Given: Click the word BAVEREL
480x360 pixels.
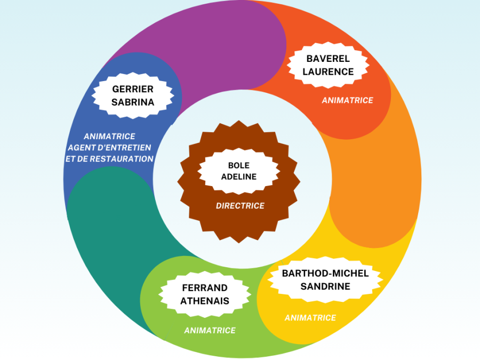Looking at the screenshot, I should click(328, 59).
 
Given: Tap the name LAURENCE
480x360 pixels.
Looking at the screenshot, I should click(328, 71).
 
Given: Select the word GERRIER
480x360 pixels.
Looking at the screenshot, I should click(133, 89).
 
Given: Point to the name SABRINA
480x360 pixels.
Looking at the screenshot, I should click(133, 102).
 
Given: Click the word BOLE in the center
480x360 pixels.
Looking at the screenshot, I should click(238, 165).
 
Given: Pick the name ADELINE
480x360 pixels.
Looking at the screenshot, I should click(238, 177).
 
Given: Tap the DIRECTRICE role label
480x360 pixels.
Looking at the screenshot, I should click(240, 205).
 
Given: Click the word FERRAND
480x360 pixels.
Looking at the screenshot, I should click(205, 288).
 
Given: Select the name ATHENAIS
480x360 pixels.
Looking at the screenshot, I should click(205, 300).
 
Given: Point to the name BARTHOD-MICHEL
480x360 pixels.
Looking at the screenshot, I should click(325, 273).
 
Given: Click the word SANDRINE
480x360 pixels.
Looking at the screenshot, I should click(325, 286).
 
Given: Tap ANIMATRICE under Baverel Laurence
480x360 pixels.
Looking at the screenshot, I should click(347, 100).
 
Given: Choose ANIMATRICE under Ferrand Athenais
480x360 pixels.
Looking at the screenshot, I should click(210, 331).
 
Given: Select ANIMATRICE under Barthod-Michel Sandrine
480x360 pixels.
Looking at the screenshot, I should click(310, 318).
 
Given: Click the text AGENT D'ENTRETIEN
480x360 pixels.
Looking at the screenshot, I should click(109, 148).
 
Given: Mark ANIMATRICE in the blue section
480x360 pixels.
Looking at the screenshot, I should click(109, 137).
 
